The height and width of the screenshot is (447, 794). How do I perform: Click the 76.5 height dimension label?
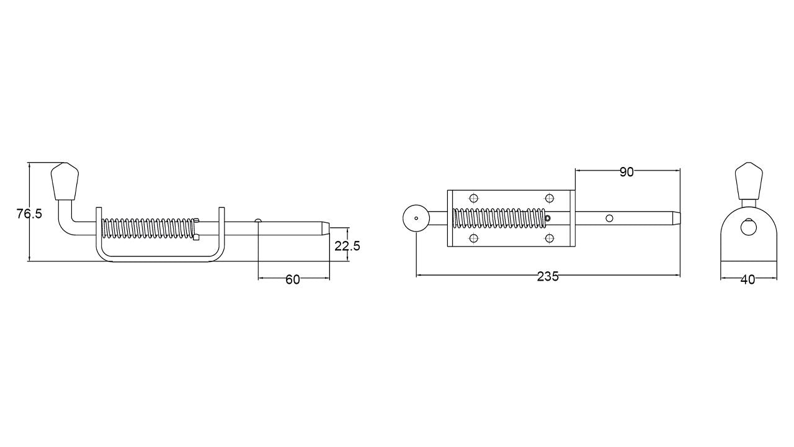[x=29, y=214]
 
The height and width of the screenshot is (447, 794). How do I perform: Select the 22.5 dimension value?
[x=347, y=246]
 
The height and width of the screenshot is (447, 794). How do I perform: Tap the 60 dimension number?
[x=293, y=279]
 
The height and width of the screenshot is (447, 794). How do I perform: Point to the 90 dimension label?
[x=627, y=172]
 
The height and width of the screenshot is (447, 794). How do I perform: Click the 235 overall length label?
[x=548, y=276]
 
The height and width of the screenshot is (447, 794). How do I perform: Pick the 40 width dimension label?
[x=748, y=280]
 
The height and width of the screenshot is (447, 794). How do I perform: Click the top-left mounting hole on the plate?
[x=474, y=198]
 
